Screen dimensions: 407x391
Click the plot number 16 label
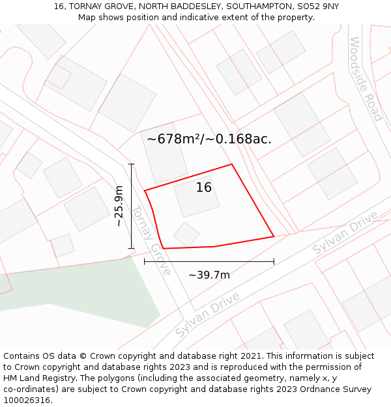[204, 188]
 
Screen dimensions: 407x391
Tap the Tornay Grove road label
[151, 240]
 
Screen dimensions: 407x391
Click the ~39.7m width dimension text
[209, 275]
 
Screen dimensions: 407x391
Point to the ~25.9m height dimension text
[119, 206]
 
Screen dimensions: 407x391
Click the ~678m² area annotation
[209, 139]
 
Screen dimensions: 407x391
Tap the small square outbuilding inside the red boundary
[186, 234]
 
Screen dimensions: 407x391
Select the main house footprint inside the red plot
[197, 197]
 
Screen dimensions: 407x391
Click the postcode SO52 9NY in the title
[317, 7]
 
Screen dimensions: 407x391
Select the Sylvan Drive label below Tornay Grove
[207, 315]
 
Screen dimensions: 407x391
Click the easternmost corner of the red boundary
[274, 236]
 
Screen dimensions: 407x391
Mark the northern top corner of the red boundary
[232, 164]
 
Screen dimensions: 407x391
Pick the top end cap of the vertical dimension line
[132, 164]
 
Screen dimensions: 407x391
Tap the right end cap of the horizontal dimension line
[274, 262]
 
